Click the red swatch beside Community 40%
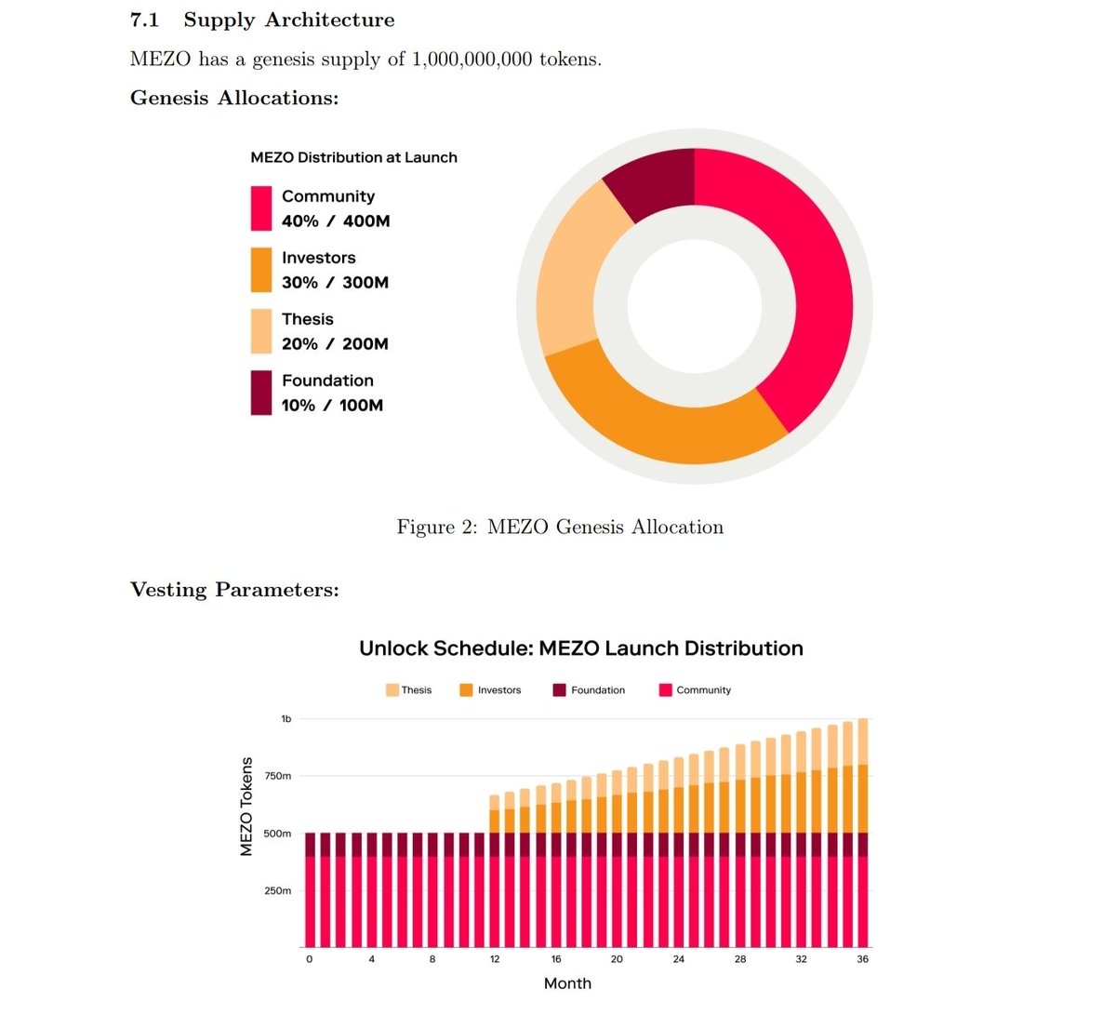coord(261,208)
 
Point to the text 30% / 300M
coord(335,283)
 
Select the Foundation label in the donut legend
coord(327,381)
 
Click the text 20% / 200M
coord(335,344)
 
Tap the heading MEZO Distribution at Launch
coord(353,157)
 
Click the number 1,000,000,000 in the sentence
coord(472,60)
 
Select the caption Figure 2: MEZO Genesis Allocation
coord(560,528)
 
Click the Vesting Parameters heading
coord(234,590)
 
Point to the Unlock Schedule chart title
coord(580,648)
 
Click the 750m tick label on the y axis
coord(277,776)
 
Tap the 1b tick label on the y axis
coord(286,719)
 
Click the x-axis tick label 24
coord(679,959)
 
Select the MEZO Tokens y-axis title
coord(246,806)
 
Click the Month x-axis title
coord(567,983)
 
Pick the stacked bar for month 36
coord(862,837)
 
